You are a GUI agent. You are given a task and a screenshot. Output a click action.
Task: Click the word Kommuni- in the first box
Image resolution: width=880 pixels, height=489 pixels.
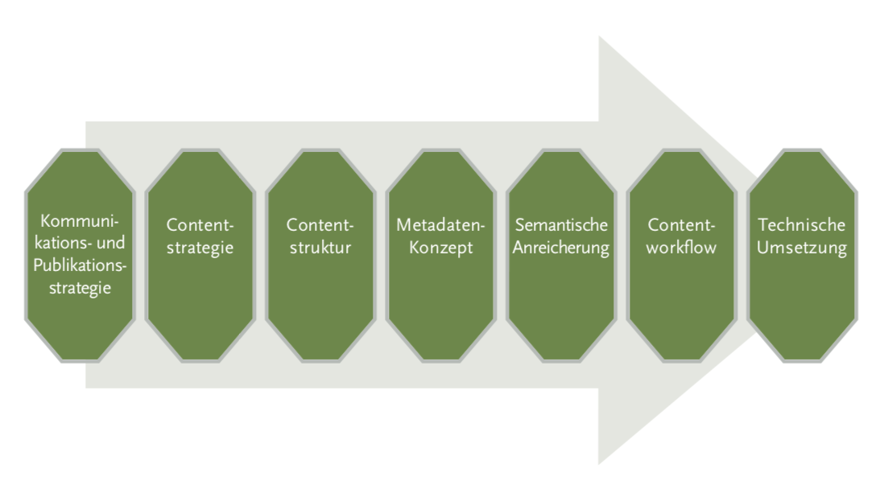(x=79, y=220)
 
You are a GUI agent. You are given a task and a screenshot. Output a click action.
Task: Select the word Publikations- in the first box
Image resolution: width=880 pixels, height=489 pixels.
(x=79, y=265)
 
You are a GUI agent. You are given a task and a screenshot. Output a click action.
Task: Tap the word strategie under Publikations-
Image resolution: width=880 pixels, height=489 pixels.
(x=79, y=287)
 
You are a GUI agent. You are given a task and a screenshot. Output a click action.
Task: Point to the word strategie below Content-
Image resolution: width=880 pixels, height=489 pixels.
(x=200, y=247)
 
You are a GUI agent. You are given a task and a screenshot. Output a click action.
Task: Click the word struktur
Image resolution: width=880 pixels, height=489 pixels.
(x=320, y=247)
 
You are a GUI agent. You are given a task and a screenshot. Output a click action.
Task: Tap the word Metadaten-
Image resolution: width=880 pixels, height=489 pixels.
(x=440, y=225)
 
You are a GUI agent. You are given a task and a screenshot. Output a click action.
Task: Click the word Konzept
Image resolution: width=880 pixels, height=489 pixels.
(x=440, y=247)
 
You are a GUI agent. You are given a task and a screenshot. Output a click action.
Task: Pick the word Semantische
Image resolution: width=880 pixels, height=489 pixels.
(x=561, y=225)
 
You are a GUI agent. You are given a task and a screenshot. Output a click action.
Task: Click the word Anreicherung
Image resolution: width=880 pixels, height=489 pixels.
(x=561, y=247)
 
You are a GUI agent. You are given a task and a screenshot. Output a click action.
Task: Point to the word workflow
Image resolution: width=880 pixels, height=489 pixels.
(x=681, y=247)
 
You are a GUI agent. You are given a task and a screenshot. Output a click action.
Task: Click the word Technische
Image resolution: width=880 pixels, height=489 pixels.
(x=802, y=225)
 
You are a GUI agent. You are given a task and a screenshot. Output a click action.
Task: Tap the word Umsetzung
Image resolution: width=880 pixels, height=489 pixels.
(x=802, y=247)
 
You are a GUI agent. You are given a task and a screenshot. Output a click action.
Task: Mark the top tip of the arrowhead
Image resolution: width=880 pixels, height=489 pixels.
(x=599, y=38)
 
